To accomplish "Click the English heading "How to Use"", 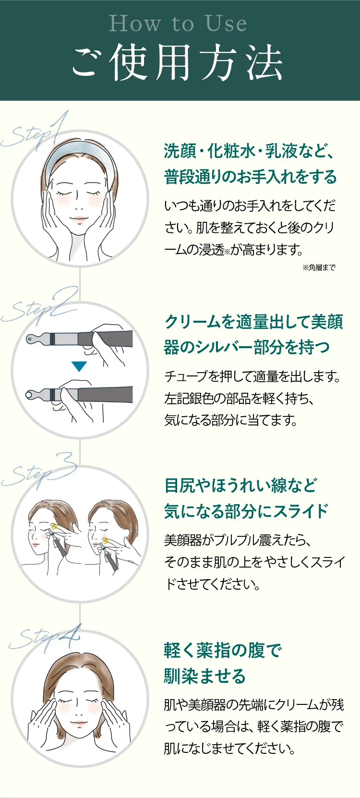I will [178, 24].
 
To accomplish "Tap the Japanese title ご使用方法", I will [178, 62].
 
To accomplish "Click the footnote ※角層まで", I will [319, 267].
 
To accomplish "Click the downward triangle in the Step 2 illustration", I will [79, 367].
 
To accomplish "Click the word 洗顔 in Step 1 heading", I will [180, 151].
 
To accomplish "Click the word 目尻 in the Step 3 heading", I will [180, 485].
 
